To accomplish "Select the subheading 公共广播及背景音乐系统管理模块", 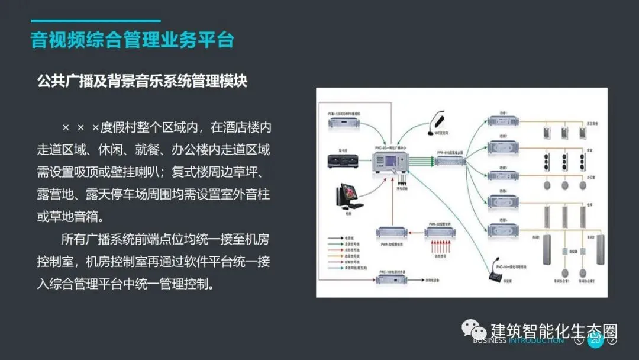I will click(142, 81).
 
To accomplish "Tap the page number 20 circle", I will click(595, 340).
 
